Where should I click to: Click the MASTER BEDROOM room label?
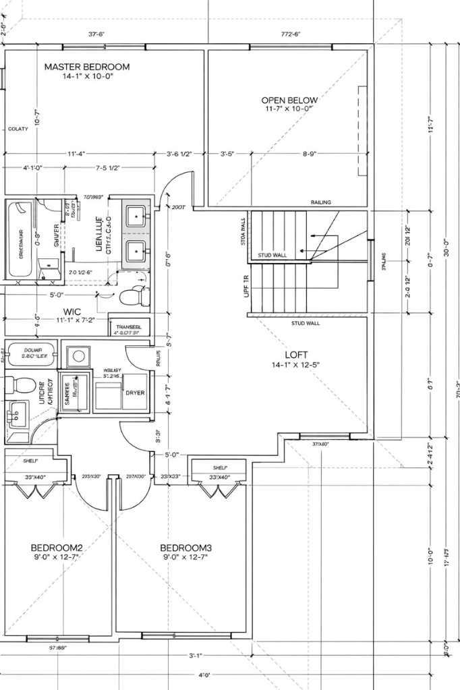87,67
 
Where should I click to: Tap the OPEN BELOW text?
289,100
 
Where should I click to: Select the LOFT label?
295,353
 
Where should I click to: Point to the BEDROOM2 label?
57,547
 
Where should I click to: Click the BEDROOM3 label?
186,547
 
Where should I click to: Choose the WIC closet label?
73,312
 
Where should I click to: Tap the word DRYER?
135,393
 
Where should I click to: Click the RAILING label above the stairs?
320,202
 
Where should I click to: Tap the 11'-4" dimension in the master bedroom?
76,154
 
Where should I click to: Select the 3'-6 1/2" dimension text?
179,154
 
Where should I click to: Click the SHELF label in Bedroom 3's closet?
220,467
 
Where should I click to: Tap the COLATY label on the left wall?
18,129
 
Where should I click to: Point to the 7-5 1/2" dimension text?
108,167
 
